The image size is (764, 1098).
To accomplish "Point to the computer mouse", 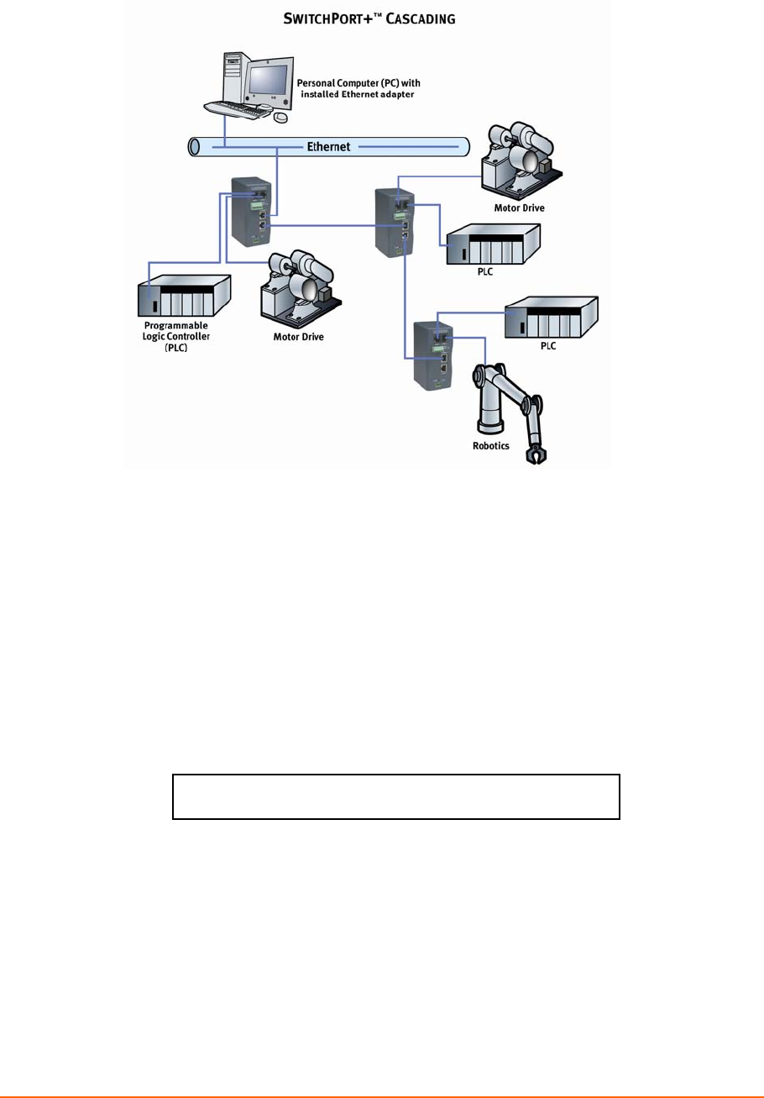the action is click(282, 118).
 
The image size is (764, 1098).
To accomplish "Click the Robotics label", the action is click(491, 446).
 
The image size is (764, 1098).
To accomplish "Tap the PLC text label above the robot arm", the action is click(548, 345).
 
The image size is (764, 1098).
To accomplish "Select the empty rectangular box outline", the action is click(395, 796).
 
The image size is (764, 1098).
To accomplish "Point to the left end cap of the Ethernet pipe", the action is click(194, 147).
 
